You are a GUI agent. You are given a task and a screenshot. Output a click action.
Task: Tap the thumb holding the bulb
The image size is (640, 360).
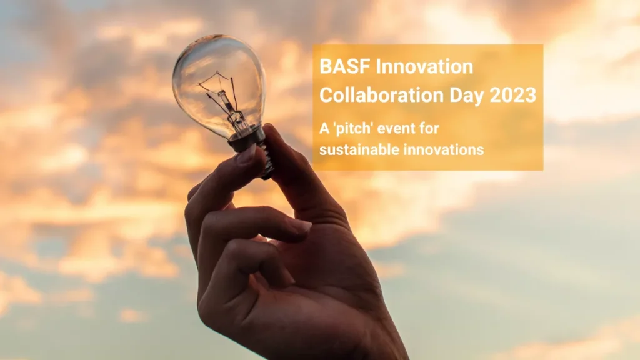[294, 169]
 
